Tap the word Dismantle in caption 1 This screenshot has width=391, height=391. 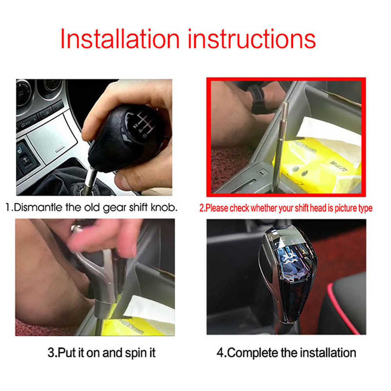coord(38,208)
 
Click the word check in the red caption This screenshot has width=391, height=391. coord(239,208)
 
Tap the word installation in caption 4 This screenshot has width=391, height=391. coord(328,353)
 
